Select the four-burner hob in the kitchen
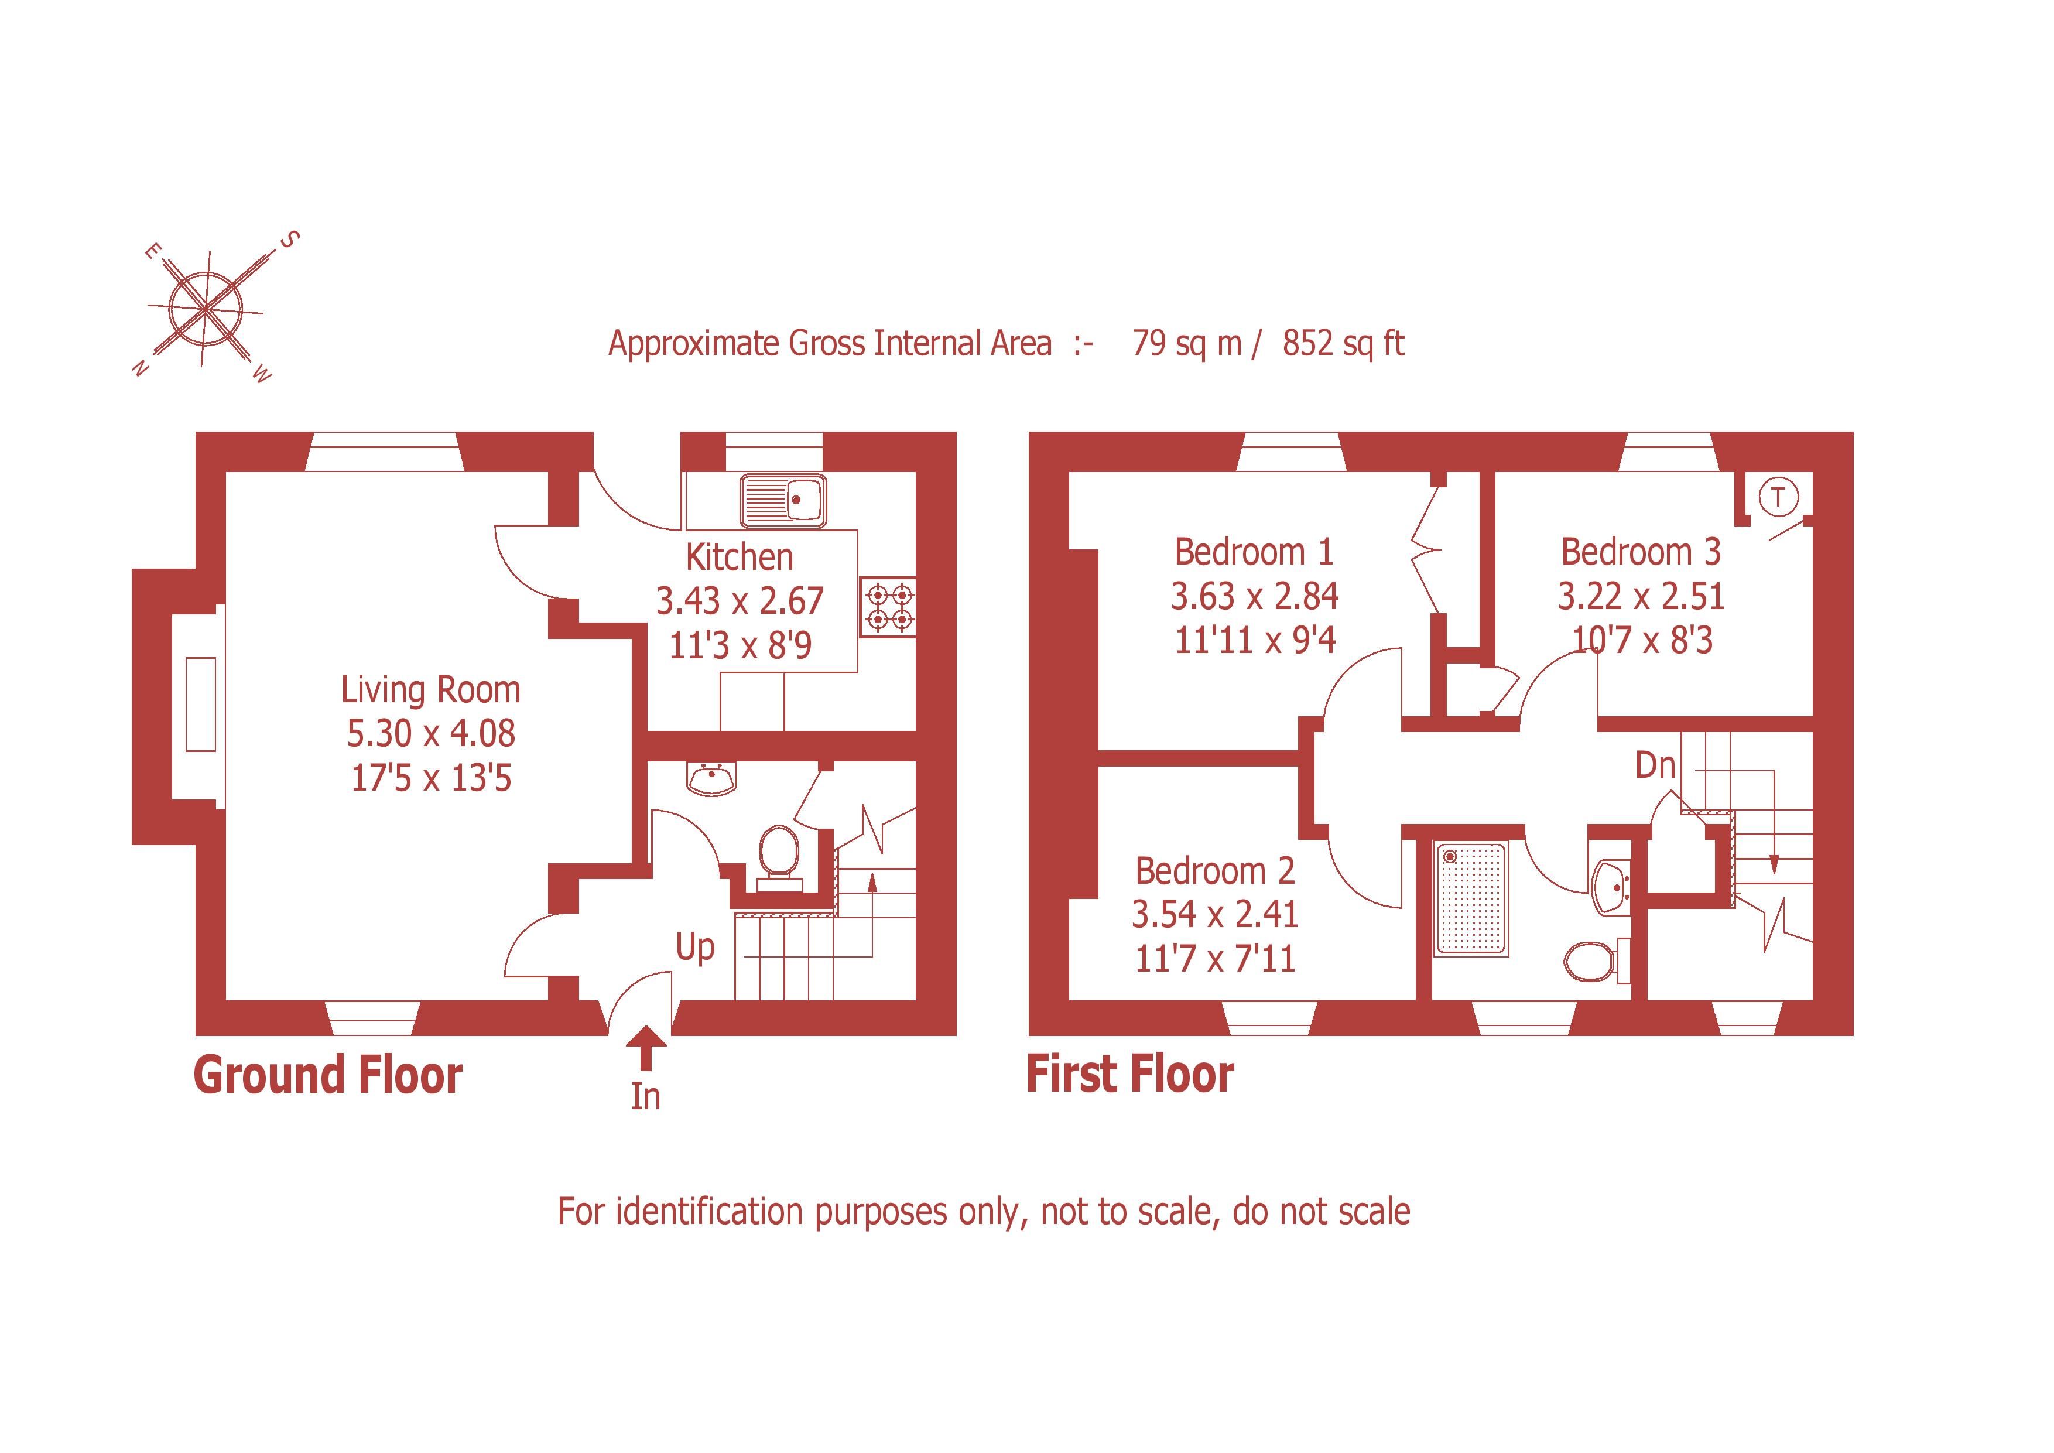click(x=888, y=607)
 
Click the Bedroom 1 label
click(x=1254, y=552)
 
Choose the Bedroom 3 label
click(x=1640, y=552)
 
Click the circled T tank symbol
click(x=1778, y=497)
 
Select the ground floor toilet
click(x=778, y=855)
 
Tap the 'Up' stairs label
click(x=695, y=946)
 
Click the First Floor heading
click(x=1130, y=1075)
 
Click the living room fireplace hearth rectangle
click(x=201, y=704)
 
